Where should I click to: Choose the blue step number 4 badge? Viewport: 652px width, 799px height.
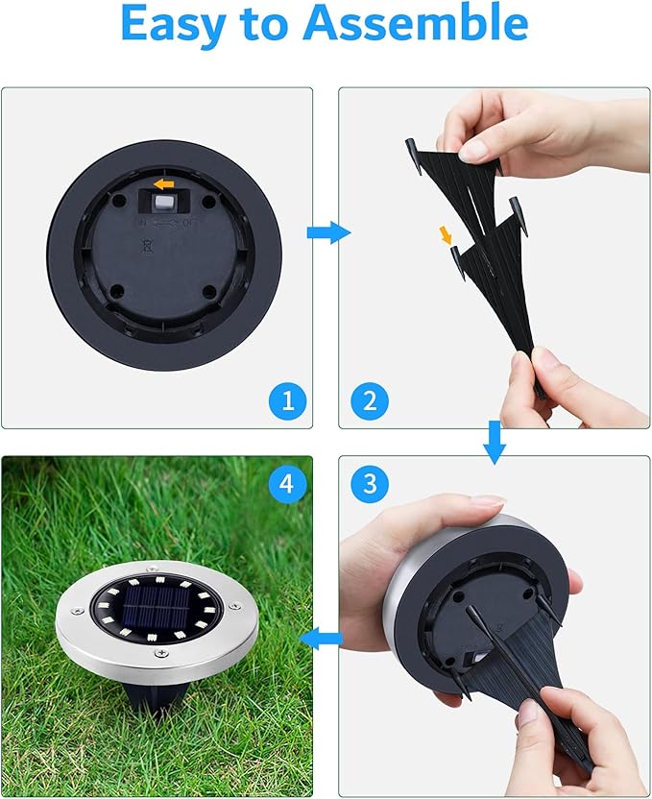(x=285, y=484)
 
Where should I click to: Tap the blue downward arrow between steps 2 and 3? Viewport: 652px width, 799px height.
(x=494, y=441)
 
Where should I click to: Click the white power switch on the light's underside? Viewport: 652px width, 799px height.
(x=164, y=204)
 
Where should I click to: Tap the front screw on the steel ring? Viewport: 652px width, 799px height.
(x=160, y=654)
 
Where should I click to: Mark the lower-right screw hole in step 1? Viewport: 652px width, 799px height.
(x=208, y=291)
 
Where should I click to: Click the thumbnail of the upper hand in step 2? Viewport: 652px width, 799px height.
(x=473, y=149)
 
